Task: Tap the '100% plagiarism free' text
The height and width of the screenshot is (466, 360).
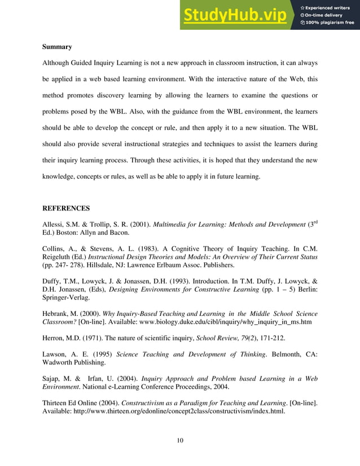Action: [x=330, y=23]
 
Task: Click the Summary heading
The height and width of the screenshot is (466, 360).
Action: [x=57, y=46]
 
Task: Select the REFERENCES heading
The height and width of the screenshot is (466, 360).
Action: [x=66, y=208]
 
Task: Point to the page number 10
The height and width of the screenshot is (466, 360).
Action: [x=180, y=440]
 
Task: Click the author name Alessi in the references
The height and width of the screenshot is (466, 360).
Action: [x=52, y=225]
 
